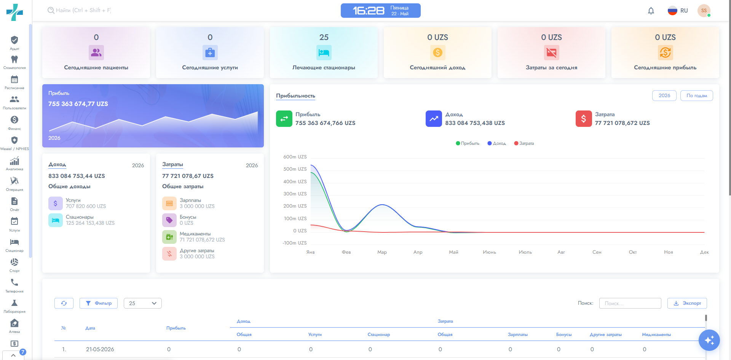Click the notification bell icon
651,11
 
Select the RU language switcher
678,11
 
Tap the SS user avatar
704,11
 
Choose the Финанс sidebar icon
14,123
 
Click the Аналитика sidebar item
14,164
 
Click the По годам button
697,96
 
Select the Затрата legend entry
524,143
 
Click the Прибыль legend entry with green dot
468,143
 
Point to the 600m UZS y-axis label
295,157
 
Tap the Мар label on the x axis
382,252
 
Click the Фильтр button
99,303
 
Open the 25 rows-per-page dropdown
143,303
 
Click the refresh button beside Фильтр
64,303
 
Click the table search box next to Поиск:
630,303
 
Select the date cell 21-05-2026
100,349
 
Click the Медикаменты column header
656,334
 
